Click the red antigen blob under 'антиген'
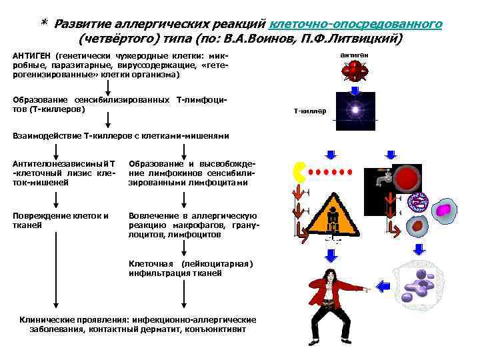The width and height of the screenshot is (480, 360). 354,70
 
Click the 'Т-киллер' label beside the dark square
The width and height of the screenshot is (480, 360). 310,111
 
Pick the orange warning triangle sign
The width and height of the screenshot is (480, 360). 333,217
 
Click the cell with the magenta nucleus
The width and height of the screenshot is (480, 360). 443,210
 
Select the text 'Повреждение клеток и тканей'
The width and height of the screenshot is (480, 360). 61,219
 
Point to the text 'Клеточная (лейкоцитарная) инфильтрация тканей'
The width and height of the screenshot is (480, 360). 191,268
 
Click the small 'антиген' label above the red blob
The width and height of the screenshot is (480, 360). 355,54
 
